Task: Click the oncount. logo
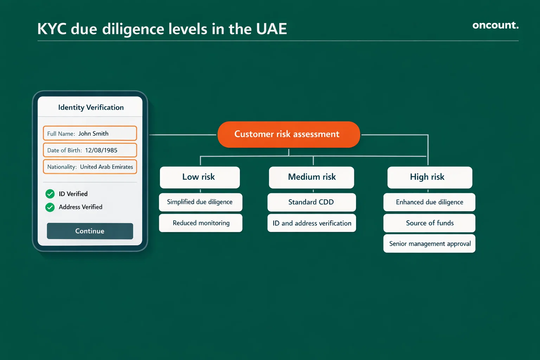click(x=495, y=25)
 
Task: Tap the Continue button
click(x=90, y=231)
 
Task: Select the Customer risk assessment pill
click(x=289, y=134)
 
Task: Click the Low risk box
click(x=200, y=177)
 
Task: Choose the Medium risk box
click(x=311, y=177)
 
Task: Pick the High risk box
click(x=430, y=177)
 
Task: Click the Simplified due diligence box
click(x=200, y=202)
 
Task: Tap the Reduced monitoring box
click(x=200, y=223)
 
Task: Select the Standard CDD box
click(x=311, y=202)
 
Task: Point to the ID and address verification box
click(x=311, y=223)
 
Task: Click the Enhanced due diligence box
click(x=429, y=202)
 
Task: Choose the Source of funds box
click(x=429, y=223)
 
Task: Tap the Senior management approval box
click(x=429, y=244)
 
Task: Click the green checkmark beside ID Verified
click(x=50, y=194)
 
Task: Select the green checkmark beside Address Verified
click(x=50, y=207)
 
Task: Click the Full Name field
click(x=90, y=134)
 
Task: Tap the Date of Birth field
click(x=90, y=150)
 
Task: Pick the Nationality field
click(x=90, y=167)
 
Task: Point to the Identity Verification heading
click(x=91, y=108)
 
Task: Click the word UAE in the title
click(x=271, y=29)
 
